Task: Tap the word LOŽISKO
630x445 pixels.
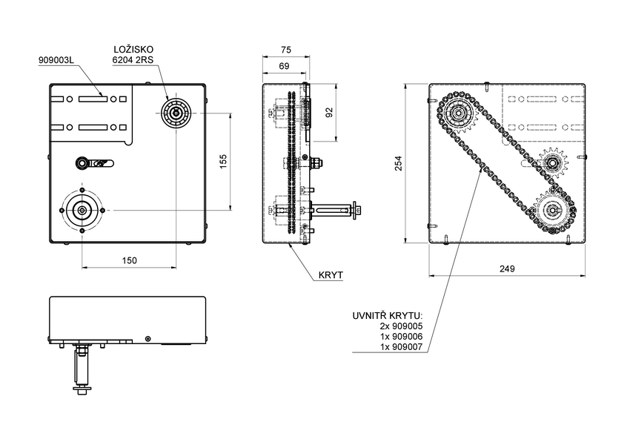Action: [x=133, y=49]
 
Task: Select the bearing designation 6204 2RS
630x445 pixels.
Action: [x=133, y=61]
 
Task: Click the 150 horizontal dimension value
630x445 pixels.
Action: [x=129, y=260]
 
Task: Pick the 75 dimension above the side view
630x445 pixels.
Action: [x=285, y=50]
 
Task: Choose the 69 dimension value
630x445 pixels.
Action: [x=283, y=67]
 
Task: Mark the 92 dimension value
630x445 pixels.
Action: [x=331, y=112]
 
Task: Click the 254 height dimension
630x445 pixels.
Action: [x=398, y=162]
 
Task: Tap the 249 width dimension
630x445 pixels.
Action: [x=508, y=268]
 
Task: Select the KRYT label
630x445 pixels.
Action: [x=331, y=274]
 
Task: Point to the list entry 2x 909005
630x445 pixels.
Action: [x=401, y=326]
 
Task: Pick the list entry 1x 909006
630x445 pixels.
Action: [x=401, y=337]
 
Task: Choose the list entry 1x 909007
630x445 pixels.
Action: [x=401, y=347]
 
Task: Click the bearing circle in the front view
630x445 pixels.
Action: [x=176, y=113]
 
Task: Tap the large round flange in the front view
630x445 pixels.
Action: [x=82, y=211]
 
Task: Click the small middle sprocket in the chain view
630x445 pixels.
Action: [x=552, y=161]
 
